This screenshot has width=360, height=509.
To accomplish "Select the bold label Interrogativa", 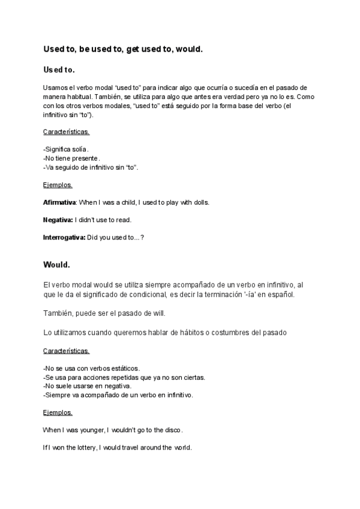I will [64, 237].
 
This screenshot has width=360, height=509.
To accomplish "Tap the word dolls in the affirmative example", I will [200, 202].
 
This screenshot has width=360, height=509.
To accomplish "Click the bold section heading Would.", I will [57, 264].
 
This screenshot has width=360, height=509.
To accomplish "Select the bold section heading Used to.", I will [59, 70].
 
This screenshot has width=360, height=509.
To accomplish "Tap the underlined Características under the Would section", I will [67, 350].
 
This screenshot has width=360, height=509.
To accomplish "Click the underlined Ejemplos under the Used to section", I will [58, 185].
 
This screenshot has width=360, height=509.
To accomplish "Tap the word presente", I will [77, 158].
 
